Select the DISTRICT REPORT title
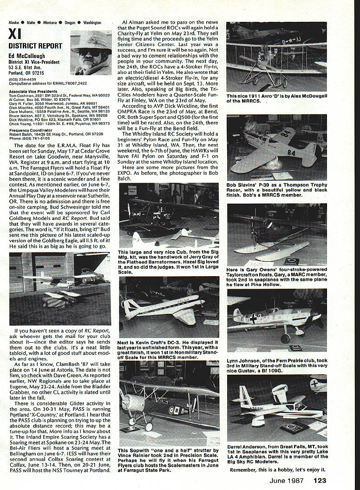[35, 46]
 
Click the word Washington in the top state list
[92, 22]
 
